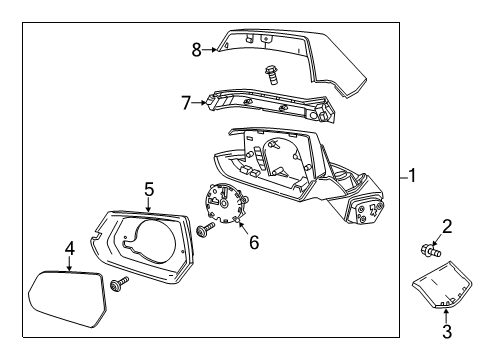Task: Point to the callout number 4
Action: pyautogui.click(x=70, y=248)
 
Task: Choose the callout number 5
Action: pyautogui.click(x=148, y=188)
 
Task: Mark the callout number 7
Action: pyautogui.click(x=186, y=103)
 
